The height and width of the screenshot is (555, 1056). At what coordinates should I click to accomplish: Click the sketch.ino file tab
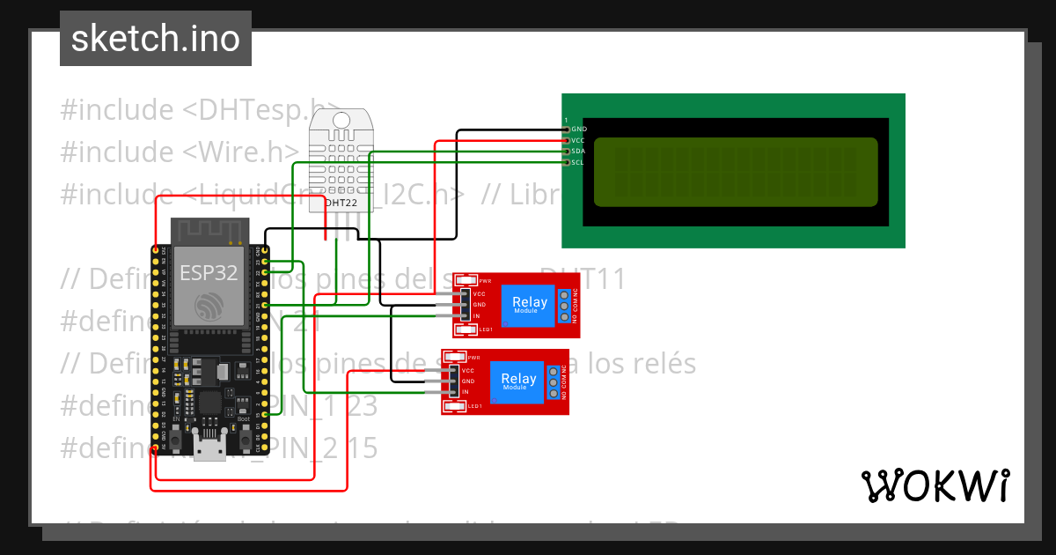pos(155,39)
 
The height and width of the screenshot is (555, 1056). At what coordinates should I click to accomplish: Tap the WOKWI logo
pos(935,485)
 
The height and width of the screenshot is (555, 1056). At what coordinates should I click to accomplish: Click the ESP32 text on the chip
pos(209,273)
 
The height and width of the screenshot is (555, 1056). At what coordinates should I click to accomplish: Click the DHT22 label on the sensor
pos(341,203)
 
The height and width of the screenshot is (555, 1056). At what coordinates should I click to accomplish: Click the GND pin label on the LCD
pos(578,129)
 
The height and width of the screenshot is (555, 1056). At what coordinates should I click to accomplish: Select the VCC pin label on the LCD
pos(578,140)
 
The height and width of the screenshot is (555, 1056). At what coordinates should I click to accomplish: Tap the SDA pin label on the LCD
pos(578,152)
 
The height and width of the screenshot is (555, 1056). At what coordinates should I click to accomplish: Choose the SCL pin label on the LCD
pos(578,162)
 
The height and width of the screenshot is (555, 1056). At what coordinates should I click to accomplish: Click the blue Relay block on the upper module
pos(529,305)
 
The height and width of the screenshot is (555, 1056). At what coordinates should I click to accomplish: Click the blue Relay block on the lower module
pos(517,381)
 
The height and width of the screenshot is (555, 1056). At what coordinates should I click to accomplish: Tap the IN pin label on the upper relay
pos(476,315)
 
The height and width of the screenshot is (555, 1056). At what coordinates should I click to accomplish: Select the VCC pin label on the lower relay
pos(467,370)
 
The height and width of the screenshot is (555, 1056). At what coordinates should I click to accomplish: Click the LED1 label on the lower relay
pos(474,406)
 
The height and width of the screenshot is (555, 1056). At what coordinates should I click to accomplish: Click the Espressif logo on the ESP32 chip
pos(209,306)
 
